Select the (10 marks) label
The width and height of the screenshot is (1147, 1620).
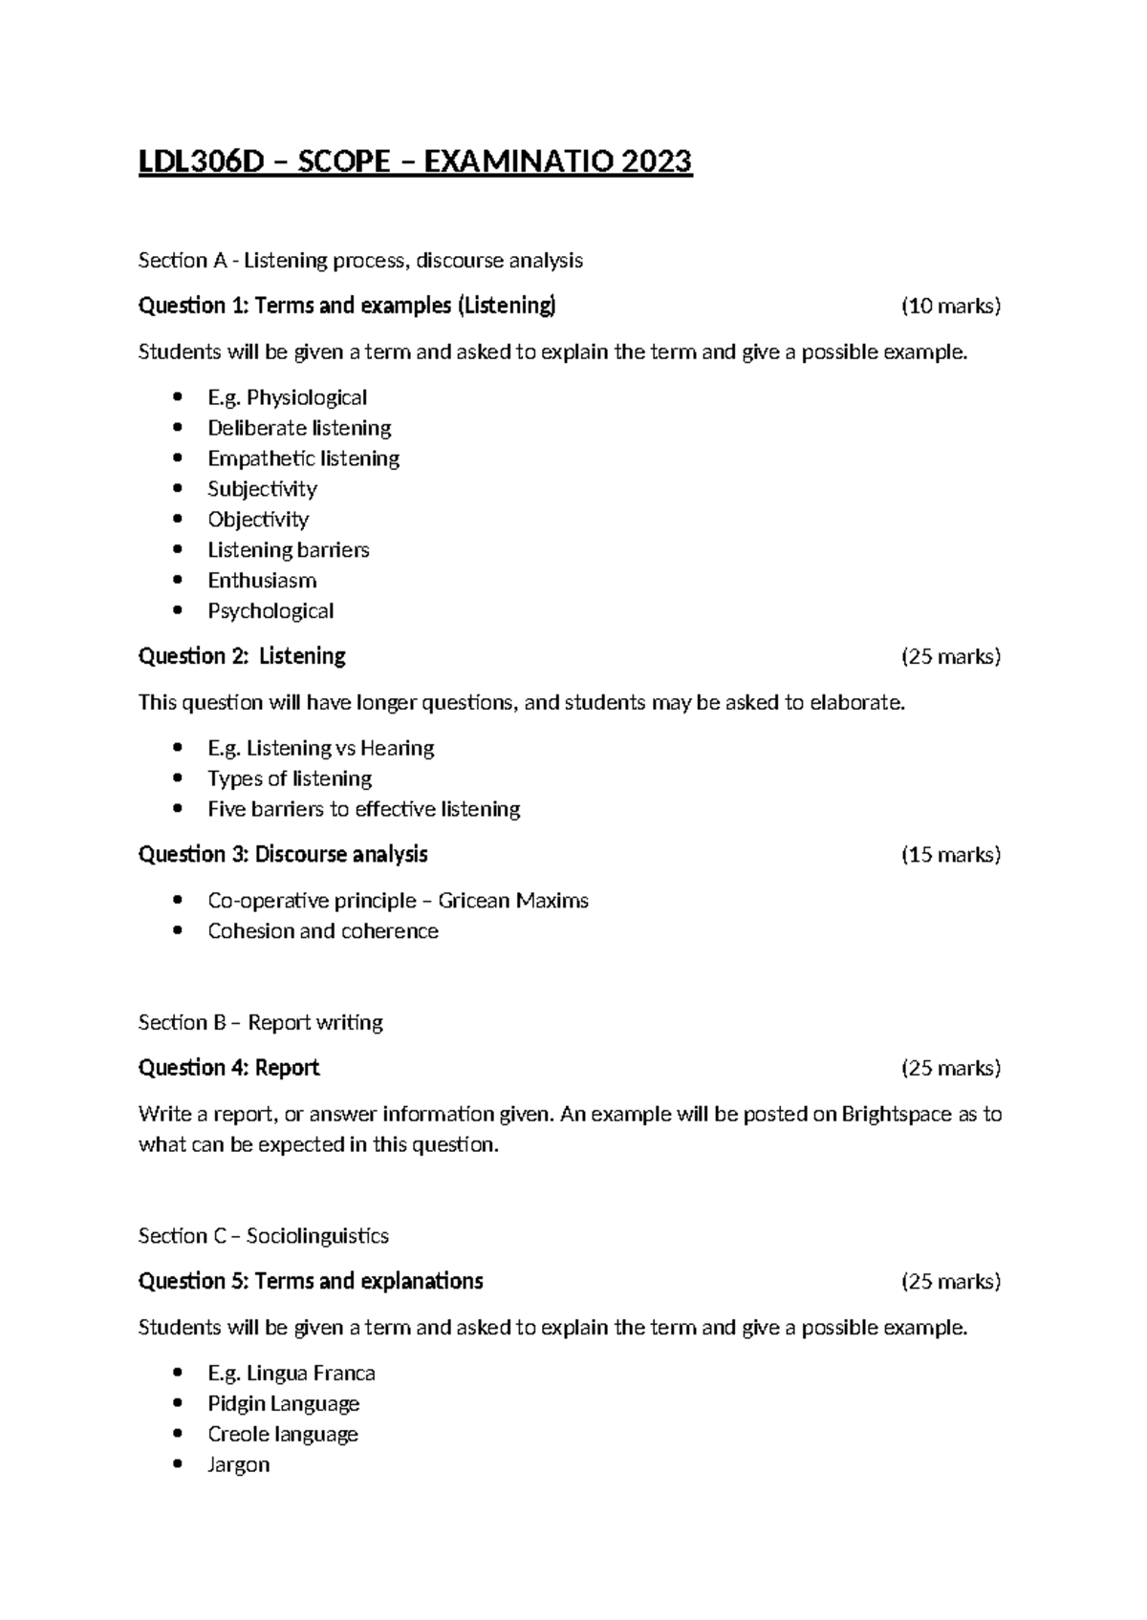[950, 306]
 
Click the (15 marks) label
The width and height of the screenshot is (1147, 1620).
[950, 854]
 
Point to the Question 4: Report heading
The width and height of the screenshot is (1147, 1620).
[228, 1067]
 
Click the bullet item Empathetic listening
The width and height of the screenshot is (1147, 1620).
[303, 458]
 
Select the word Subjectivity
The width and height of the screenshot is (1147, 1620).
[262, 489]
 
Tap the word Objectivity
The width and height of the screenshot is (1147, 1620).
[258, 520]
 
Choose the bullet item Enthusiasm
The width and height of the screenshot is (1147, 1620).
[262, 581]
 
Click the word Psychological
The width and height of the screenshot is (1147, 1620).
[271, 611]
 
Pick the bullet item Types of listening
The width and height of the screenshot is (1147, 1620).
[290, 778]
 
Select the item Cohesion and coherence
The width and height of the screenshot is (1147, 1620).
[323, 931]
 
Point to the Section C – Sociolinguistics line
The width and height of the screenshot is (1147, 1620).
[263, 1236]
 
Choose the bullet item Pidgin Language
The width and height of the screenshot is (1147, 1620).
[283, 1404]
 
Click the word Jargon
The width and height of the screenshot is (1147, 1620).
[238, 1465]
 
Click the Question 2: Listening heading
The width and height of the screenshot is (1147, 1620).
[242, 656]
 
